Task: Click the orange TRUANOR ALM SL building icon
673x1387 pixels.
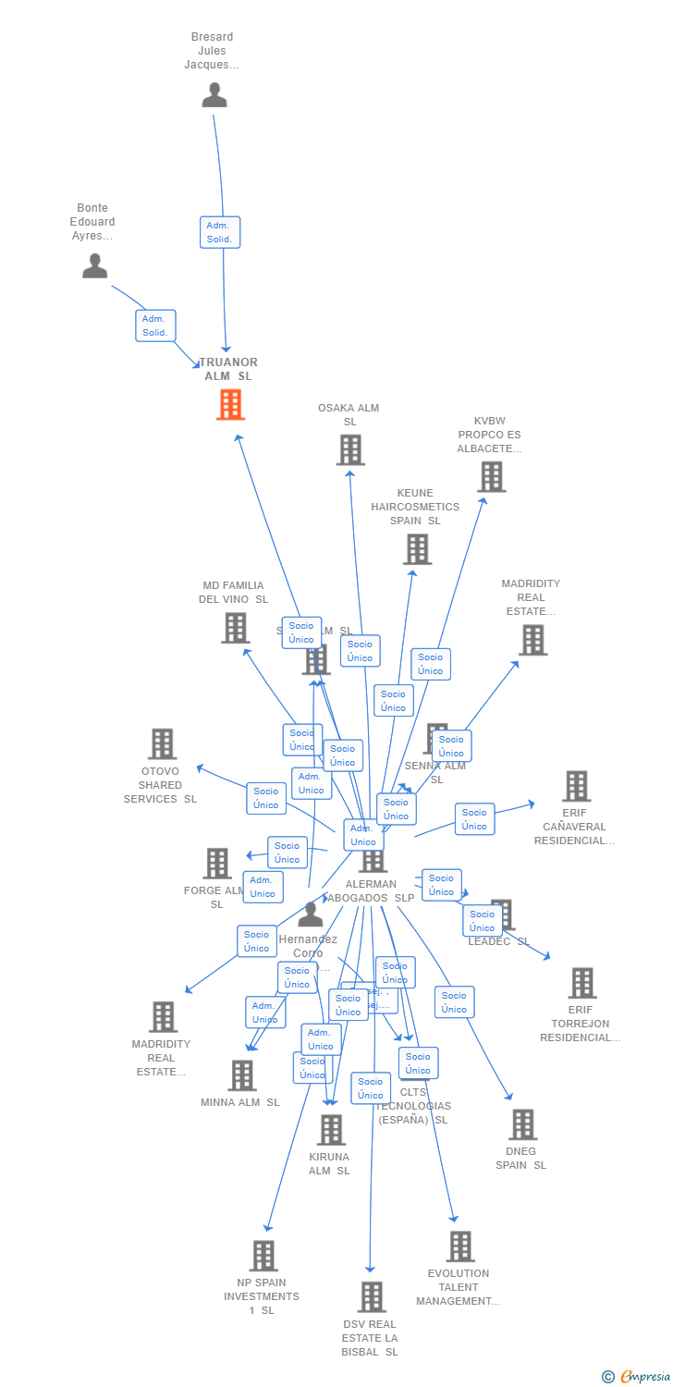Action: coord(230,404)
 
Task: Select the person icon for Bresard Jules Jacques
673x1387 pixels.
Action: coord(214,94)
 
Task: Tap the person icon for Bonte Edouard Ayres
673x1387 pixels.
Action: coord(94,265)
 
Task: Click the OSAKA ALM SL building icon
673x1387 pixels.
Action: coord(349,450)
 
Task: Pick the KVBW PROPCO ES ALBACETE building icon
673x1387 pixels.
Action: coord(491,477)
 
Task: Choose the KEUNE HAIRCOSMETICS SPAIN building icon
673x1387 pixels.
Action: coord(416,549)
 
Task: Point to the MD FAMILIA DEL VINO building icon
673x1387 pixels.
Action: coord(235,628)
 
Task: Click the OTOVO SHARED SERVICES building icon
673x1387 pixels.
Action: coord(162,743)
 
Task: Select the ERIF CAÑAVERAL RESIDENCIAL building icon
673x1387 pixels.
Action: coord(576,786)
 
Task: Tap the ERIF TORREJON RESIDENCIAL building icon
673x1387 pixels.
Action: coord(581,983)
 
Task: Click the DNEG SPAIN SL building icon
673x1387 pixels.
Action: coord(522,1124)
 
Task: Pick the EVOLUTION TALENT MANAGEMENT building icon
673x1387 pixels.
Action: coord(459,1246)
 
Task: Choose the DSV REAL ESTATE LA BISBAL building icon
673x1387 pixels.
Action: coord(371,1296)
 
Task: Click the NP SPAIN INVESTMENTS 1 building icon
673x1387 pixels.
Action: coord(263,1256)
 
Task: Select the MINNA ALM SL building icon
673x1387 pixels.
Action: coord(242,1075)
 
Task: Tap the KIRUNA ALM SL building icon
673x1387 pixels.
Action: coord(330,1130)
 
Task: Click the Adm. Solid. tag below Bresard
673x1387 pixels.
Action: coord(220,232)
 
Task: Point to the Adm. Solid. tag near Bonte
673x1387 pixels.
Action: coord(155,325)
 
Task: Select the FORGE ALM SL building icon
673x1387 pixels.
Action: coord(217,863)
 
